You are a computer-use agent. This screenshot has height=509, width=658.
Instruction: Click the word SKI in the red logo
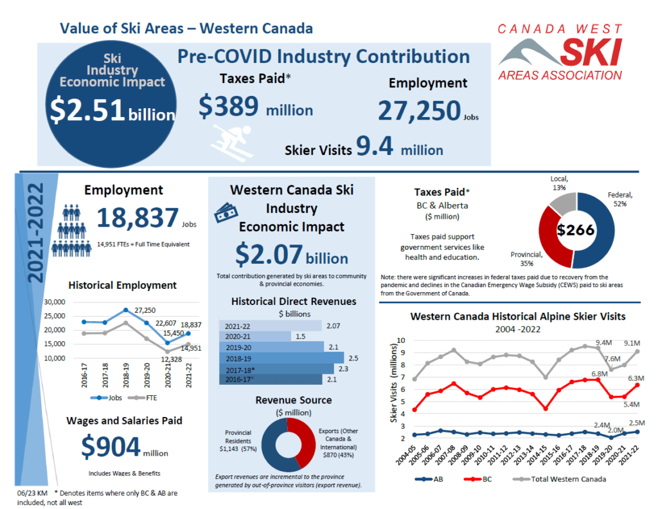coord(589,53)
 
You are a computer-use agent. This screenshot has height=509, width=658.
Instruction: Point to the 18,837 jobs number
coord(137,219)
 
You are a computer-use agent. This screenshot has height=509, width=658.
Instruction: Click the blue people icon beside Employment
coord(76,227)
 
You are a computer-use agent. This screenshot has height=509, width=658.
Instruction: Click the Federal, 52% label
coord(620,199)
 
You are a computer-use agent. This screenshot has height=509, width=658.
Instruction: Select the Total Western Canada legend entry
coord(559,479)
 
